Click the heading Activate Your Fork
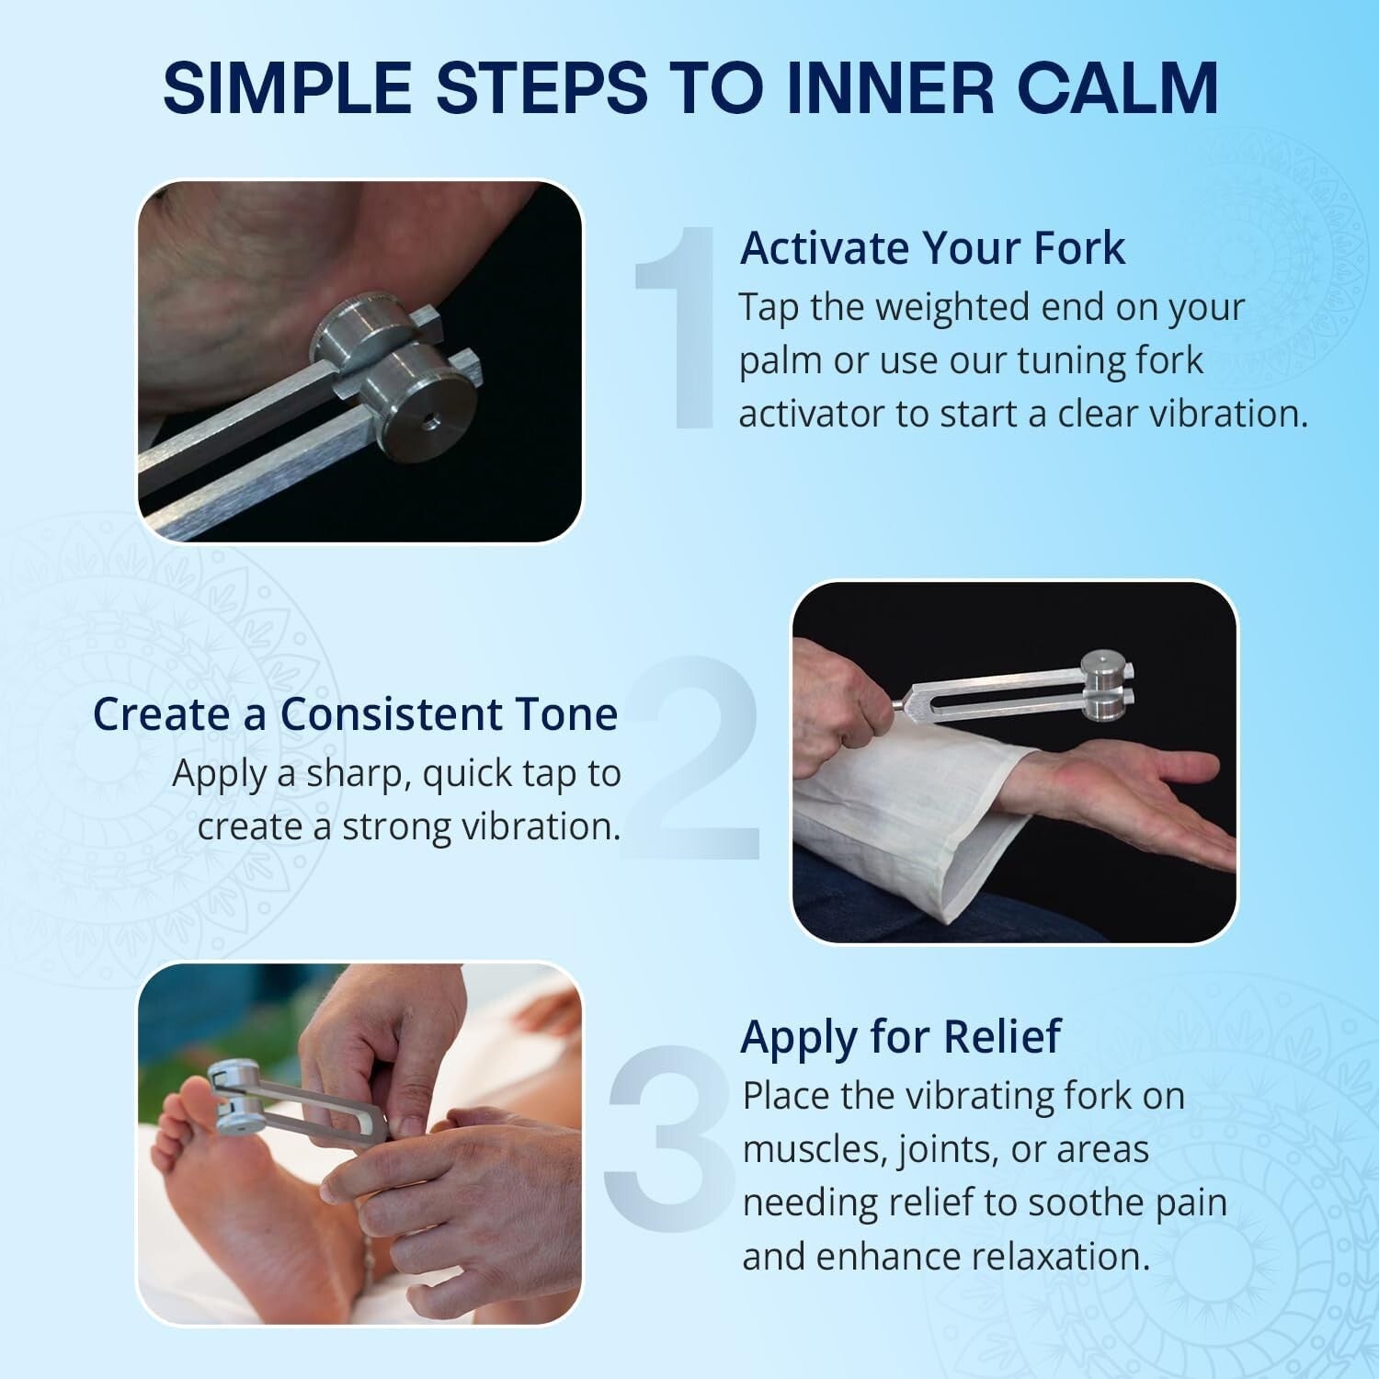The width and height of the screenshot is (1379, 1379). click(932, 248)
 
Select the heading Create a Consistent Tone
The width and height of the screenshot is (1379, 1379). click(355, 714)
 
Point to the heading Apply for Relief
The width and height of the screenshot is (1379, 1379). click(900, 1036)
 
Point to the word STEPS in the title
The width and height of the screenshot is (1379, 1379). click(541, 87)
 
